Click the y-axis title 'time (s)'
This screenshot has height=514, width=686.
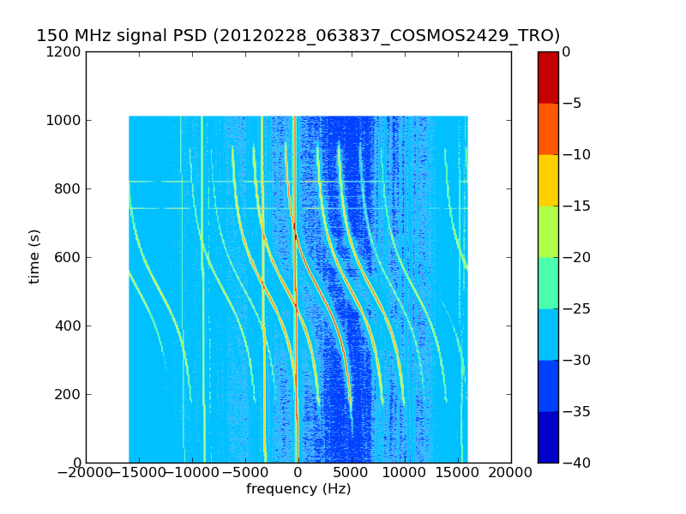(34, 256)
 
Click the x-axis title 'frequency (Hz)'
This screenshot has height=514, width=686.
(298, 489)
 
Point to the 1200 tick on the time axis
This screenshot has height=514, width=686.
(65, 51)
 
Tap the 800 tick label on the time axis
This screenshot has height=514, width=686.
(69, 188)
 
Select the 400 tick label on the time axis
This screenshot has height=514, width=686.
(69, 326)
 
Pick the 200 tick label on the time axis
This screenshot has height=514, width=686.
(69, 394)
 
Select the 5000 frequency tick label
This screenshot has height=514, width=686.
(352, 472)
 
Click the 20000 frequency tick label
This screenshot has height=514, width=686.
(511, 472)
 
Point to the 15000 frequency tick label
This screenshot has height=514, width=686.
(458, 472)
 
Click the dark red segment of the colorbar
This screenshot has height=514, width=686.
(548, 77)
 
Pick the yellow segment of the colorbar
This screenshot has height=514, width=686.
(548, 180)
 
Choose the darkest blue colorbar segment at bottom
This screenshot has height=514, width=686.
(548, 437)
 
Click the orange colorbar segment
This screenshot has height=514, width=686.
(548, 128)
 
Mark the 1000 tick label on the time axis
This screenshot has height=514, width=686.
(65, 120)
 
